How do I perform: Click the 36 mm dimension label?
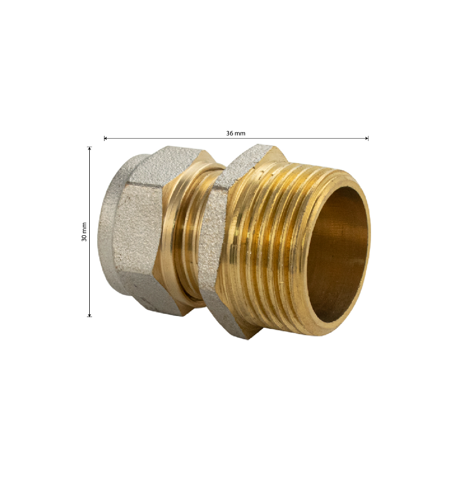tap(235, 133)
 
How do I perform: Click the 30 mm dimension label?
tap(84, 232)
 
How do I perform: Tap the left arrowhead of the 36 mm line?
tap(105, 138)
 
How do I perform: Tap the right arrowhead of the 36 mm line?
tap(367, 138)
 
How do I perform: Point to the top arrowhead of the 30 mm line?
tap(89, 148)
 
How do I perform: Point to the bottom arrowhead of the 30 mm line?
tap(89, 315)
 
